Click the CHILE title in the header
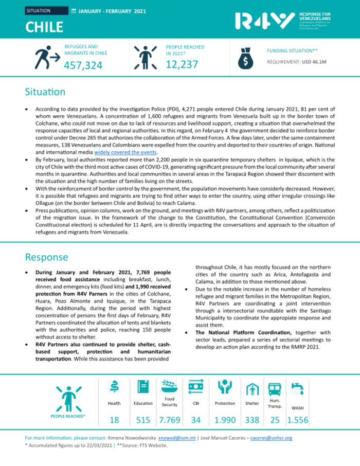click(x=45, y=27)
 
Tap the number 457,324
click(x=83, y=65)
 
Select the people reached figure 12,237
click(x=182, y=64)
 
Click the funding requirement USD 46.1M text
click(x=297, y=62)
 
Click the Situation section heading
click(x=45, y=92)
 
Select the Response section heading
click(x=46, y=257)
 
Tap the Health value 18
click(x=114, y=420)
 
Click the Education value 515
click(x=143, y=420)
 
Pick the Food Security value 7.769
click(x=169, y=420)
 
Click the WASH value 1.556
click(x=297, y=420)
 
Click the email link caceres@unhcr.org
click(x=271, y=438)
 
